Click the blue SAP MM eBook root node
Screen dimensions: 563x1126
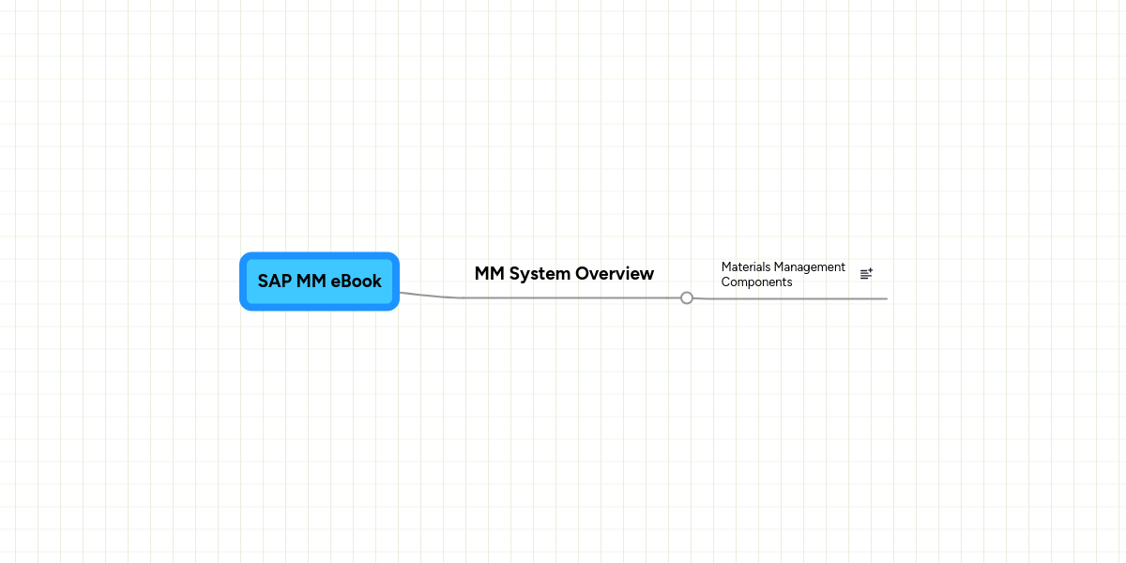click(319, 281)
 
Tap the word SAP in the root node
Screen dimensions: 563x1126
click(275, 281)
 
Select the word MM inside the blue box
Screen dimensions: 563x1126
click(312, 281)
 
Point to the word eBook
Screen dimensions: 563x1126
click(357, 281)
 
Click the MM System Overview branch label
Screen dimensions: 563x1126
click(564, 274)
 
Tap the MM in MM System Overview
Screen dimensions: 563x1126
click(489, 274)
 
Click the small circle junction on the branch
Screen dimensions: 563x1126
click(687, 297)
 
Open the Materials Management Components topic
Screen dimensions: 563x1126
click(783, 274)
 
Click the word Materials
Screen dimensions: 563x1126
click(746, 267)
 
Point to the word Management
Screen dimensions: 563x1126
click(810, 267)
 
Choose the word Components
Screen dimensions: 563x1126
click(756, 282)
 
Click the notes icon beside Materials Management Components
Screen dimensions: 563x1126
click(866, 274)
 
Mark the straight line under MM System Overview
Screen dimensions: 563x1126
click(572, 297)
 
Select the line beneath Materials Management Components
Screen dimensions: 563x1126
click(798, 298)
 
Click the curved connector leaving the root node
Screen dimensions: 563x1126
click(427, 295)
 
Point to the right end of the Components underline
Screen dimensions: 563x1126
click(885, 298)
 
